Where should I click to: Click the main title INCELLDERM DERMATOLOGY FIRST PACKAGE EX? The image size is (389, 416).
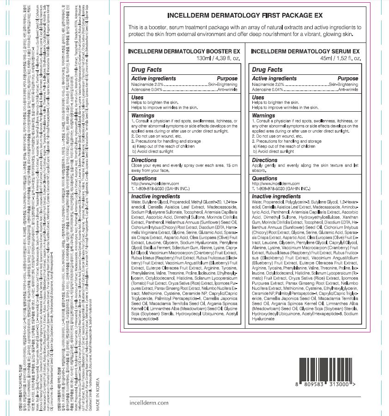tap(244, 15)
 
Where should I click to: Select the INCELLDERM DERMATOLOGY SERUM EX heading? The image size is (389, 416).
tap(305, 52)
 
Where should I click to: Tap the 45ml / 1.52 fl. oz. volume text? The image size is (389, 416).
tap(338, 59)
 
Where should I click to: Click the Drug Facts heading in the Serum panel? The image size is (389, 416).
tap(267, 70)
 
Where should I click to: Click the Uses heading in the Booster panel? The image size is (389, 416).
tap(138, 97)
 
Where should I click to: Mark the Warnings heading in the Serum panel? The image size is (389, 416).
tap(264, 115)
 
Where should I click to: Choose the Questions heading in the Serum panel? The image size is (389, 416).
tap(265, 178)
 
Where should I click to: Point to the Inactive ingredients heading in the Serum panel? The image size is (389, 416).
tap(276, 196)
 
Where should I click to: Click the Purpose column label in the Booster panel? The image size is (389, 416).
tap(227, 78)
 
